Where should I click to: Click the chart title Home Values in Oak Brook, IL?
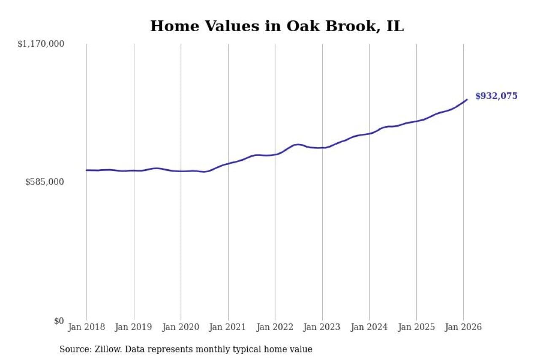coord(277,26)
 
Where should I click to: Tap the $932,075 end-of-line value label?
coord(496,96)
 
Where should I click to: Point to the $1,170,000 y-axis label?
coord(40,44)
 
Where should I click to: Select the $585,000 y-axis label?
coord(45,182)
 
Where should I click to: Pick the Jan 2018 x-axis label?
coord(87,327)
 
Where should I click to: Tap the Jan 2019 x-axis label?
coord(134,327)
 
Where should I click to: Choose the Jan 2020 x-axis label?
coord(181,327)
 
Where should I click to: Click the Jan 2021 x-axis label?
coord(228,327)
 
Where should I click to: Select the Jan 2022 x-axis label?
coord(275,327)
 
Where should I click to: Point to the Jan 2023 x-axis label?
coord(322,327)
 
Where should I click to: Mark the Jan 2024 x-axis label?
coord(369,327)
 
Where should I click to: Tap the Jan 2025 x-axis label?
coord(416,327)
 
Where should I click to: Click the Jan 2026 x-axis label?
coord(463,327)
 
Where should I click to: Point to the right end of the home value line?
coord(467,100)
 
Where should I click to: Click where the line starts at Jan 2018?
coord(87,170)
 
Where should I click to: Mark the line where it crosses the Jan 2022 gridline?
coord(275,154)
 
